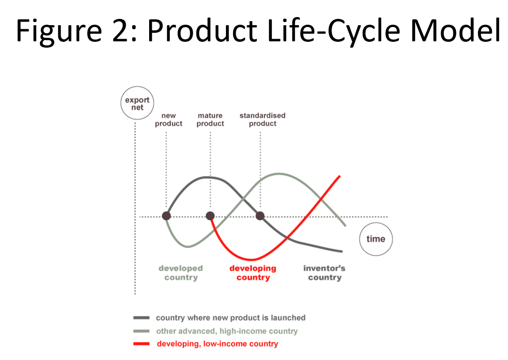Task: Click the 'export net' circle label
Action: [x=137, y=103]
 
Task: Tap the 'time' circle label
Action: [x=376, y=239]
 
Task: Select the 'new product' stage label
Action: [x=168, y=120]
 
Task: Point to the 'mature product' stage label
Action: [x=210, y=120]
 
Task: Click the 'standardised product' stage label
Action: [x=262, y=120]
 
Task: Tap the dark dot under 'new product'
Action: [x=166, y=216]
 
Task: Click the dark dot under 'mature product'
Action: [x=210, y=216]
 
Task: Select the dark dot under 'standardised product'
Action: [x=260, y=216]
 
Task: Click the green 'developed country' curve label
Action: [x=181, y=273]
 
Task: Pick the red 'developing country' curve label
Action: [x=253, y=273]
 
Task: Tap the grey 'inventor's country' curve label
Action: [x=324, y=273]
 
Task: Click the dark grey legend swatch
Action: [x=141, y=318]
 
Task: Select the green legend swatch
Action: [x=141, y=331]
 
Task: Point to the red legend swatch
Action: [x=141, y=344]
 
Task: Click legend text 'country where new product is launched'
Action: [x=231, y=318]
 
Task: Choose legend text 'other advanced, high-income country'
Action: [x=227, y=331]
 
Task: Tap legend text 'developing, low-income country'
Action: [x=217, y=344]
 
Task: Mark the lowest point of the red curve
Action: [x=252, y=259]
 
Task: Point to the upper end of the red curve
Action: [x=340, y=176]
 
